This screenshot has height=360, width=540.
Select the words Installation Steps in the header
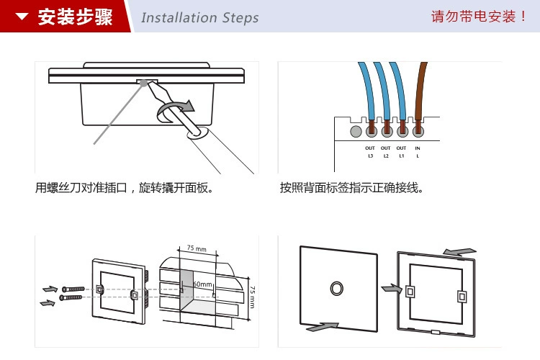point(199,17)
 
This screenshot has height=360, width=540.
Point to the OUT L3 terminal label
point(370,152)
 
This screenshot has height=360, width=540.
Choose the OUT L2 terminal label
point(386,152)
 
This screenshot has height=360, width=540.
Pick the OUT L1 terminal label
point(402,152)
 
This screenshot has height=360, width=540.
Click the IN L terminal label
point(418,152)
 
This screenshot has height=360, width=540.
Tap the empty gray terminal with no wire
point(355,132)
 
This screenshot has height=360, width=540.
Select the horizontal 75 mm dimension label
point(197,248)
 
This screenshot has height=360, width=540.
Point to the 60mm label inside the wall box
point(202,285)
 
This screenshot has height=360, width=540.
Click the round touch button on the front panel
point(336,287)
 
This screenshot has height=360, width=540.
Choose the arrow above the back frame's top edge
point(459,251)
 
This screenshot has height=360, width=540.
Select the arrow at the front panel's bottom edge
point(322,327)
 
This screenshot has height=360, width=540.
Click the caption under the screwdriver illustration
point(127,189)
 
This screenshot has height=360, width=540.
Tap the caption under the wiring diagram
point(351,189)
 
